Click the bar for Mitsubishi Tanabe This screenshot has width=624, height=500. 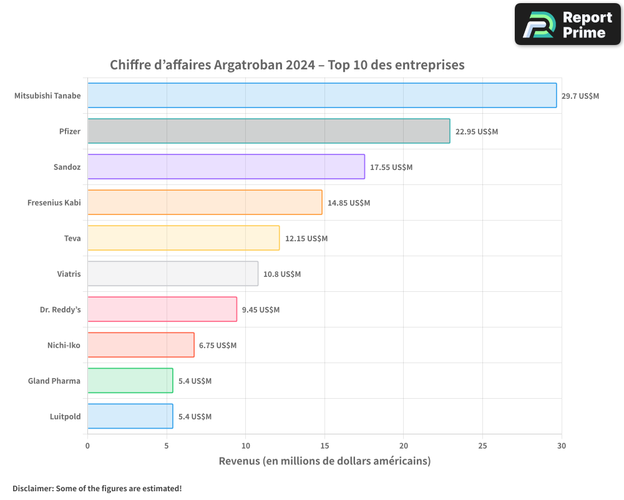(322, 96)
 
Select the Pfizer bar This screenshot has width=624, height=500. (268, 131)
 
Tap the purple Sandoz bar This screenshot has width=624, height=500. (226, 167)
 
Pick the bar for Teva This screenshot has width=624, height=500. (183, 238)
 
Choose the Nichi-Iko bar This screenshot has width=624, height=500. (140, 345)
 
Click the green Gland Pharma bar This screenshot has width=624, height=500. (130, 381)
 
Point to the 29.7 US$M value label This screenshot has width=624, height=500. (580, 96)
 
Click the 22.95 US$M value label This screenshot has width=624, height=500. (477, 132)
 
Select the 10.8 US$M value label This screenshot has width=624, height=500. (282, 274)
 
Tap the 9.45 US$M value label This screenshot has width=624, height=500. (261, 310)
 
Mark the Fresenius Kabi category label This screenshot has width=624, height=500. (54, 202)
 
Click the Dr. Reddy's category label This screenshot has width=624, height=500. (61, 309)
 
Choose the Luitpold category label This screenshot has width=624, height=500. (65, 416)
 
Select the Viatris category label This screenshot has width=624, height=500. (69, 274)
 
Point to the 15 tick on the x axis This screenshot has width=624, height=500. (324, 446)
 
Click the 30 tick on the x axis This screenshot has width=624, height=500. (562, 446)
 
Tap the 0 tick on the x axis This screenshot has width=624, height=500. (87, 446)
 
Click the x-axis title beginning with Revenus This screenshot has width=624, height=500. (324, 461)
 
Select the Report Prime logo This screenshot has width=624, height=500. (568, 24)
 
